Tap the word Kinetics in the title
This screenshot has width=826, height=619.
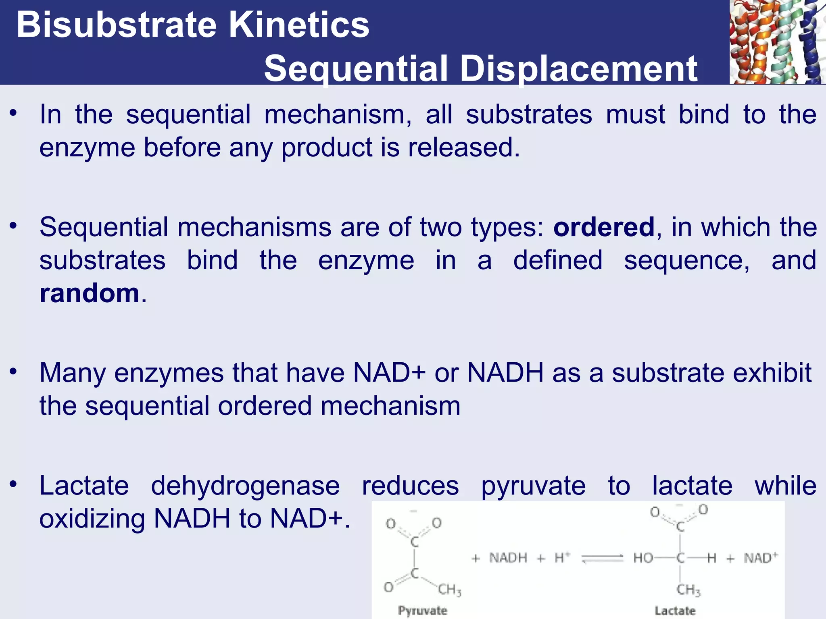[299, 25]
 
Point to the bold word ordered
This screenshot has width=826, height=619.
[604, 227]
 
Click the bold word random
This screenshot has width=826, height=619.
[90, 293]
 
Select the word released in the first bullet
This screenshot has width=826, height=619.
[463, 147]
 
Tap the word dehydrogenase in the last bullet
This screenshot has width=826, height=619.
[245, 486]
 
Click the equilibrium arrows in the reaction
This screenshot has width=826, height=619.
[603, 559]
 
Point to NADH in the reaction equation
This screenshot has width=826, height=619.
[508, 558]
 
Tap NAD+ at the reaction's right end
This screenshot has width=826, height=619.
[761, 558]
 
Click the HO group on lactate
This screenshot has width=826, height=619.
[643, 558]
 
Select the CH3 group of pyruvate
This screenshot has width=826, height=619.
[449, 590]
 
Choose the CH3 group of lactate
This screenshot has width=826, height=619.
[688, 590]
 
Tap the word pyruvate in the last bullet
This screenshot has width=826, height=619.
[533, 486]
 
